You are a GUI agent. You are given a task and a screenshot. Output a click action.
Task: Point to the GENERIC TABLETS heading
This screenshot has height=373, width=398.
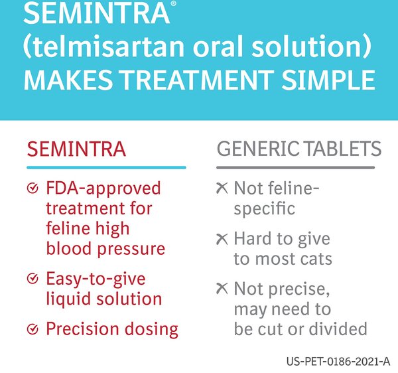pos(298,148)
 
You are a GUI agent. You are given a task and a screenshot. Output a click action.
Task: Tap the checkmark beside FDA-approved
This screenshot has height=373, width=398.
pos(32,189)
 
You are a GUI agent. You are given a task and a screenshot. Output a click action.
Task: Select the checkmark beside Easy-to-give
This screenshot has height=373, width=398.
pos(32,279)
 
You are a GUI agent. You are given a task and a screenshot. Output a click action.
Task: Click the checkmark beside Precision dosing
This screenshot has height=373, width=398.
pos(32,329)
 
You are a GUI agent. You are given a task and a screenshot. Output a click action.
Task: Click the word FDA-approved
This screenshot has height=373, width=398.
pos(103,188)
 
